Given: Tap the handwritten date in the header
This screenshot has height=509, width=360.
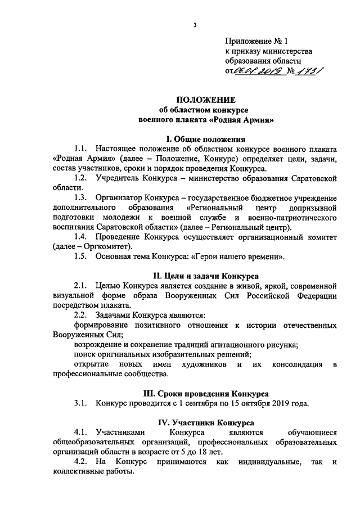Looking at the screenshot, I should click(x=258, y=71).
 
